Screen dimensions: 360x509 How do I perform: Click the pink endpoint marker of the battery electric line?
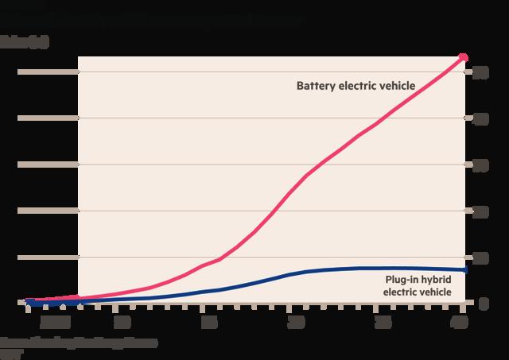pos(464,57)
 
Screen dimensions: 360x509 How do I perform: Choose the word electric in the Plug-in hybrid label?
pos(402,292)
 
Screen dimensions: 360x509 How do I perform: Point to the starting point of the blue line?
pos(28,302)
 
